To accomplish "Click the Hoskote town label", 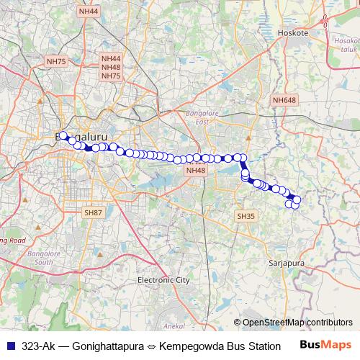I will click(292, 33).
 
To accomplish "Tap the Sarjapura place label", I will click(287, 264).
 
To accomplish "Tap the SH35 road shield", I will click(246, 216).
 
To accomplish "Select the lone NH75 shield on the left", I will click(55, 62).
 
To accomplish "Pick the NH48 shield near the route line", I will click(195, 171).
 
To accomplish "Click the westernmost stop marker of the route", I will click(63, 135).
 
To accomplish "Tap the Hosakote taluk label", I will click(346, 48).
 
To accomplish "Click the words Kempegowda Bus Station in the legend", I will click(220, 345).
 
